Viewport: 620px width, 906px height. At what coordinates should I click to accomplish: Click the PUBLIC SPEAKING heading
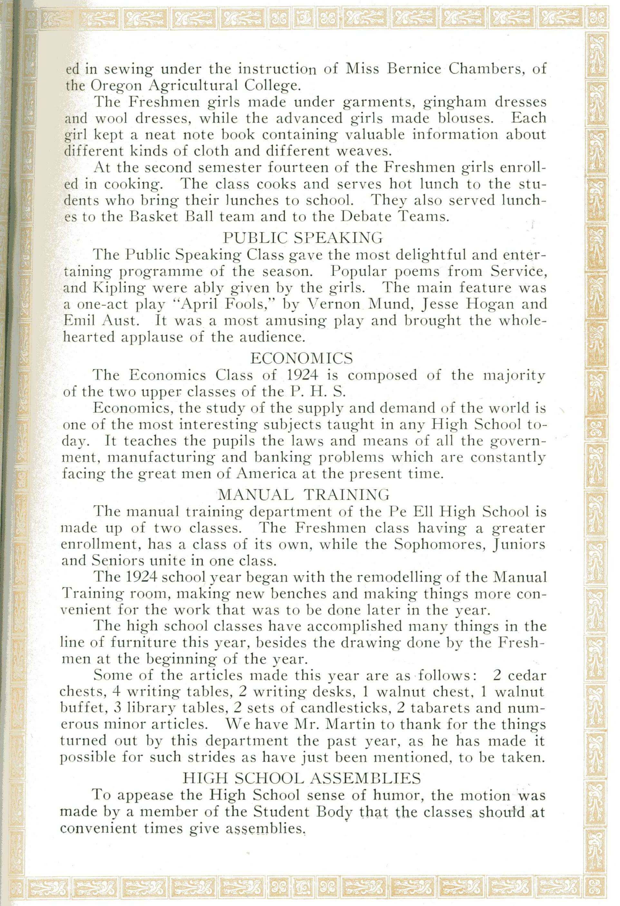303,237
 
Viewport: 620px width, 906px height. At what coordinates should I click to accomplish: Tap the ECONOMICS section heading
301,358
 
